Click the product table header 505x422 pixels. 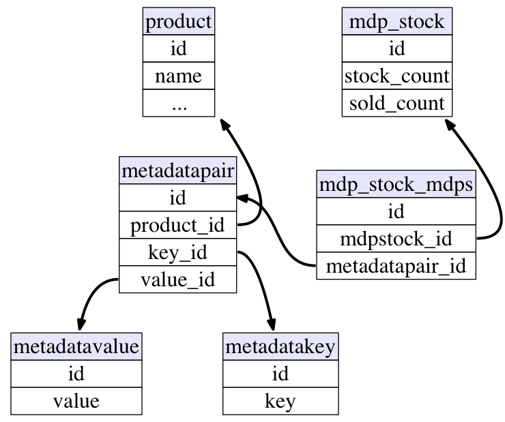click(x=179, y=21)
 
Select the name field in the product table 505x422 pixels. click(x=179, y=76)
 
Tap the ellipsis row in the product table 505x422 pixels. click(x=179, y=103)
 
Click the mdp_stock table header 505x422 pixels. click(x=397, y=21)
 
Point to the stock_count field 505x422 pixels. click(x=397, y=76)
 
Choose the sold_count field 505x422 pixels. click(x=397, y=103)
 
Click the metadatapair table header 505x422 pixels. click(x=178, y=170)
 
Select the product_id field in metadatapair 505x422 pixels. click(x=178, y=225)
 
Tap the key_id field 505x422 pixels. click(x=178, y=252)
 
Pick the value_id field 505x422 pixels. click(x=178, y=280)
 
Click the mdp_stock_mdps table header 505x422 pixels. click(x=396, y=184)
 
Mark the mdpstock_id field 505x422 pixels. click(x=396, y=239)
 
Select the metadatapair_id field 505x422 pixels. click(x=396, y=266)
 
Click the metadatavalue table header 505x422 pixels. click(x=76, y=347)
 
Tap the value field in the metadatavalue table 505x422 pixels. click(x=76, y=401)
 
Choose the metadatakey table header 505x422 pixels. click(x=280, y=347)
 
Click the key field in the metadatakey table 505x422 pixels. click(x=280, y=401)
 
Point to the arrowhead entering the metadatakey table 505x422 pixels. click(x=272, y=325)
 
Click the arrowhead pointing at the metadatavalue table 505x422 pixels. click(x=81, y=325)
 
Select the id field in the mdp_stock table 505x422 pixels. click(x=397, y=48)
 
